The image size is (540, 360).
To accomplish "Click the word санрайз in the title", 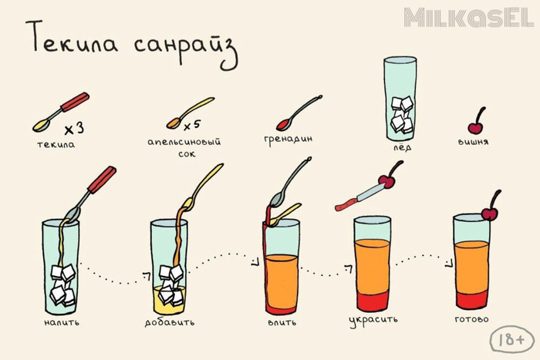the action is point(186,50).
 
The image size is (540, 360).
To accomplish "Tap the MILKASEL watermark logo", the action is point(469,18).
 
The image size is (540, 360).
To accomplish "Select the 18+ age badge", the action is point(511,340).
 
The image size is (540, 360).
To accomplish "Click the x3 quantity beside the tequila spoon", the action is point(74,129).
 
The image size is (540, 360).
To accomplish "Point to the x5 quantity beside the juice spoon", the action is point(192,126).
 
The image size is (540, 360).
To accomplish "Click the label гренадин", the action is point(289,140).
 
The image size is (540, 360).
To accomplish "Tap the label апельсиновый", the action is point(184,142).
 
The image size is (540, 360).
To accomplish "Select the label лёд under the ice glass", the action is point(402,148).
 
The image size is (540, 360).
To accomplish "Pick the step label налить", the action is point(62,322).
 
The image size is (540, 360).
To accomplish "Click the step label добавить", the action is point(170,322).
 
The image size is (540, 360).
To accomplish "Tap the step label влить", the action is point(282,322).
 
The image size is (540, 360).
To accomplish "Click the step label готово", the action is point(471,319).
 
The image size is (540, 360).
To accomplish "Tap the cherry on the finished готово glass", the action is point(490,214).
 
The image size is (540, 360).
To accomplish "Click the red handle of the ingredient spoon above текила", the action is point(75,103).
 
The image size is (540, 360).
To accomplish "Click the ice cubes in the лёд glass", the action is point(402,115).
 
